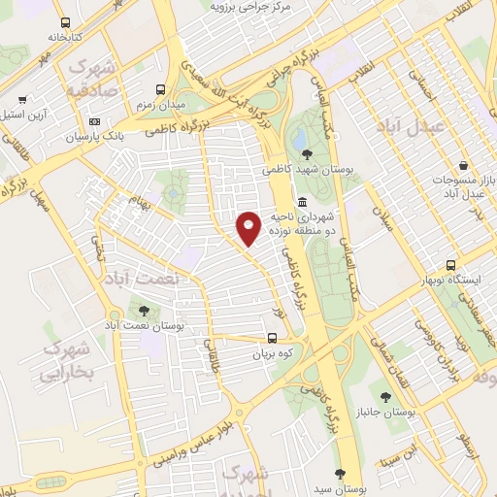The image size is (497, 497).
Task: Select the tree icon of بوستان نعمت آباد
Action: [x=145, y=311]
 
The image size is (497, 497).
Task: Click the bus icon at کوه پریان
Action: [x=272, y=340]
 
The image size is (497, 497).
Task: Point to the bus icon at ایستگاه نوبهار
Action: [x=450, y=265]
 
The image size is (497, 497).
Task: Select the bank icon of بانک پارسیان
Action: [x=94, y=122]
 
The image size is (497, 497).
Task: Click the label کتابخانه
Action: [x=65, y=37]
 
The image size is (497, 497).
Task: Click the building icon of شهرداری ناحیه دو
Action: [x=303, y=203]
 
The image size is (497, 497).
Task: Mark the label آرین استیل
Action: [x=25, y=114]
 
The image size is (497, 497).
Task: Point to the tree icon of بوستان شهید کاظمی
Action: [x=308, y=154]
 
